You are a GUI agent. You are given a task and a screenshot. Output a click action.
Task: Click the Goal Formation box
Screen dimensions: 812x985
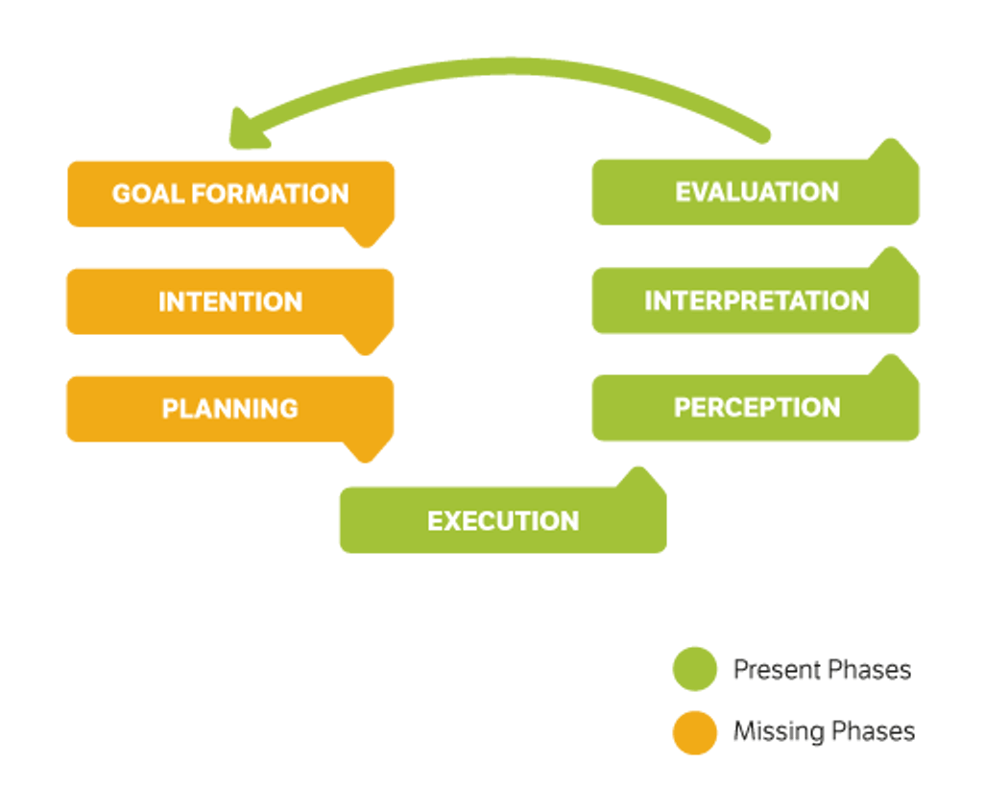click(x=230, y=194)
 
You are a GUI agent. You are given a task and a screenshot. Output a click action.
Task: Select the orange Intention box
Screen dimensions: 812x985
click(x=230, y=301)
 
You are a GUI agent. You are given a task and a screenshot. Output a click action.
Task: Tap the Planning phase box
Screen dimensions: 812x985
click(x=230, y=409)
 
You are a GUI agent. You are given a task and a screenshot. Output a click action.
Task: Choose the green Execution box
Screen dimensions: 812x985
click(x=502, y=521)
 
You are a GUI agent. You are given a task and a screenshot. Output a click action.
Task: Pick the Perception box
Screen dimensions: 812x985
click(x=756, y=408)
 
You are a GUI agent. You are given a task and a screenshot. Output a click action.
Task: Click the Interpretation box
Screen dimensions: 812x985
click(x=756, y=300)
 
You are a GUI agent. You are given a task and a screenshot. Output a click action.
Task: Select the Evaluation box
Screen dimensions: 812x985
click(x=756, y=192)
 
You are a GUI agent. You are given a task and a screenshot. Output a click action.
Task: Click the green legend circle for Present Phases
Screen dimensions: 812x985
click(x=694, y=669)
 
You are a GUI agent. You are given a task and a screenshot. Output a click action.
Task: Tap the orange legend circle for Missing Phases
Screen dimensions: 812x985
click(x=694, y=732)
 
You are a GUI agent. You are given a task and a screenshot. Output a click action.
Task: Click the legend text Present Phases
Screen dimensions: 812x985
click(x=822, y=669)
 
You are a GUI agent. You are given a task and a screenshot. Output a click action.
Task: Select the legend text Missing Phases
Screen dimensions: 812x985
click(x=824, y=732)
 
